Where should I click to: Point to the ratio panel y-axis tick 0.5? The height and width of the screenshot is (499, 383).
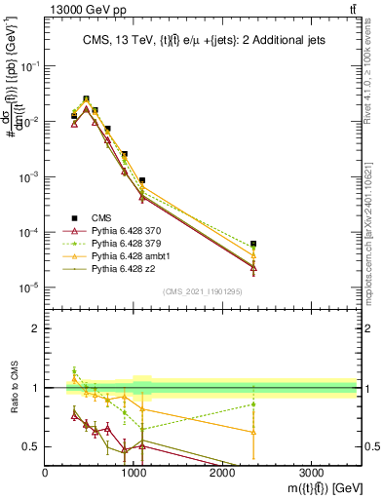[x=33, y=446]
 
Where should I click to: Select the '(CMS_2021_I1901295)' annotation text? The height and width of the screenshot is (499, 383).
[x=203, y=291]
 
